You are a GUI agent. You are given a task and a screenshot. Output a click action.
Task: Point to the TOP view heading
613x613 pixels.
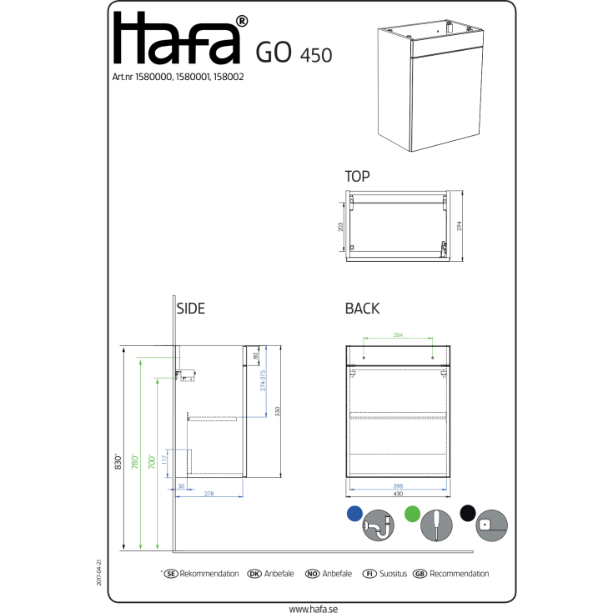[358, 177]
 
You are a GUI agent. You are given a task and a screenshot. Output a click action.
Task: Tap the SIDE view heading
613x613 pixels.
[191, 309]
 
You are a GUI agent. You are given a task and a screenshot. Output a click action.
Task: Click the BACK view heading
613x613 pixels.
[362, 309]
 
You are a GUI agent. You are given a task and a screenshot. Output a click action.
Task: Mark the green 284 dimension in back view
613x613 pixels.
[398, 335]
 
